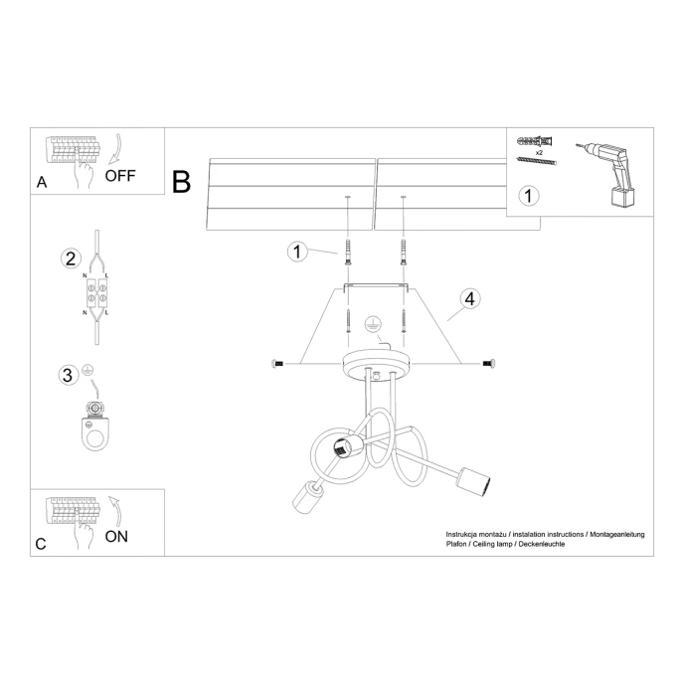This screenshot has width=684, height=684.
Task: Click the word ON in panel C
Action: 115,536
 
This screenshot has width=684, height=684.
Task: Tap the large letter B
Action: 181,181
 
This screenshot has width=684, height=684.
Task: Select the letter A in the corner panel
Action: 42,183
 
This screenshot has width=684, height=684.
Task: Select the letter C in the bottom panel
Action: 41,544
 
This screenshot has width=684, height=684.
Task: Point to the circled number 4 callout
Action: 470,297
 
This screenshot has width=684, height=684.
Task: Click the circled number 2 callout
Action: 70,258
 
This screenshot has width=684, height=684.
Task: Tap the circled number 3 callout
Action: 68,375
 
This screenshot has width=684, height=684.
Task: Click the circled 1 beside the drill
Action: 529,196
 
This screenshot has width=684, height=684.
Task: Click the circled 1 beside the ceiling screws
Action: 295,251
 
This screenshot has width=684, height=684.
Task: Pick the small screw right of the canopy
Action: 487,364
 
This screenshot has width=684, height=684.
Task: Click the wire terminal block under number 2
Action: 98,295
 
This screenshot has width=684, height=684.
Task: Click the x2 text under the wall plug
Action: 538,155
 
